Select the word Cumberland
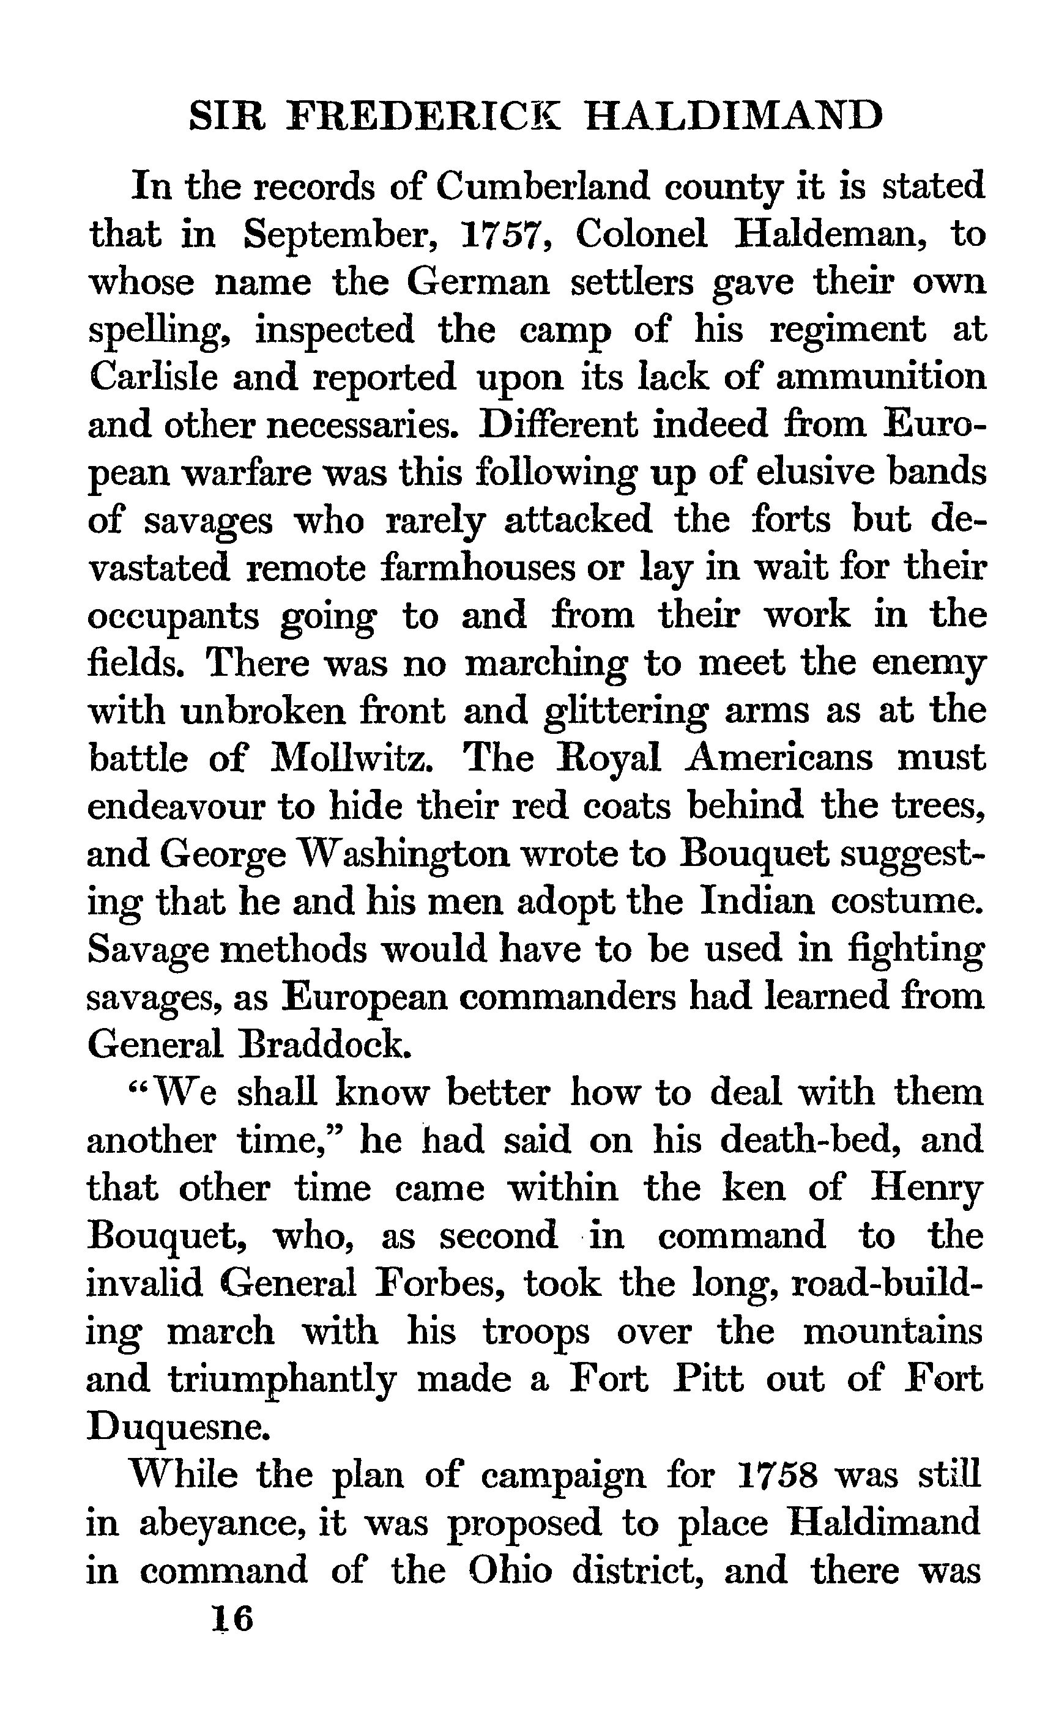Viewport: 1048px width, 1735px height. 541,187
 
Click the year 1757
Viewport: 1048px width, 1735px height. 504,234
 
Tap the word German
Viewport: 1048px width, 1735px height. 478,283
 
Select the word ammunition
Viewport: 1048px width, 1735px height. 880,377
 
